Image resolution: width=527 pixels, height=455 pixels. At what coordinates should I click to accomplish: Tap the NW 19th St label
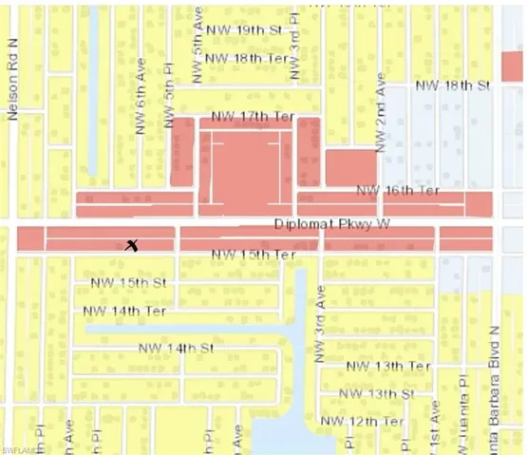click(246, 30)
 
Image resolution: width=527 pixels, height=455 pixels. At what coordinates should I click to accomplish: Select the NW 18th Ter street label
click(246, 58)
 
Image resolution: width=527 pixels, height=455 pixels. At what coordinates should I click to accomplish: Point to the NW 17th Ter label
click(253, 117)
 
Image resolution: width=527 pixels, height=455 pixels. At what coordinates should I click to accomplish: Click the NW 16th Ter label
click(398, 191)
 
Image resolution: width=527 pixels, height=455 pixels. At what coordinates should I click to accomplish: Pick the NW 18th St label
click(453, 86)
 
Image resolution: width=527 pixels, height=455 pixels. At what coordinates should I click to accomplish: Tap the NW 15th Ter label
click(254, 255)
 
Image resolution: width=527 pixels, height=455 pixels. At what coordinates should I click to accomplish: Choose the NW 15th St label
click(128, 283)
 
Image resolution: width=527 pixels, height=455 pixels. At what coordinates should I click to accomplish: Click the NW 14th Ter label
click(124, 311)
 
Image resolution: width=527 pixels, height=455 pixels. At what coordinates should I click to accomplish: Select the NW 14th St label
click(176, 349)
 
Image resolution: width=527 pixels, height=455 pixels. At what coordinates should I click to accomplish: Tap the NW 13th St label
click(378, 393)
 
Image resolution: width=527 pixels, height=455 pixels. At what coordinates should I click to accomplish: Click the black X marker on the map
click(133, 245)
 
